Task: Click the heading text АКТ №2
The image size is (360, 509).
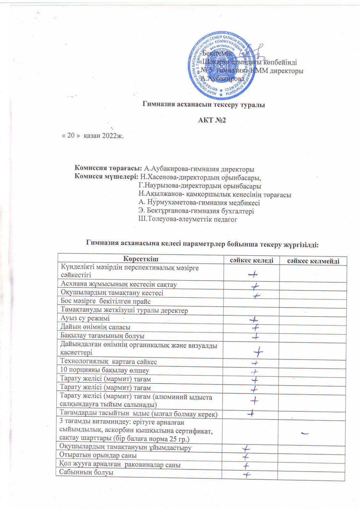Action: tap(212, 121)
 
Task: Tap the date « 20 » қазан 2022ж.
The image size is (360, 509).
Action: tap(92, 136)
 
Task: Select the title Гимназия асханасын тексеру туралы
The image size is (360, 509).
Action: tap(203, 104)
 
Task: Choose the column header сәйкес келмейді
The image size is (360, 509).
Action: tap(313, 261)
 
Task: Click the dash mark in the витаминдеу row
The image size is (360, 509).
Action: tap(306, 433)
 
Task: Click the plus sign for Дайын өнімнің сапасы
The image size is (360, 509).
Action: tap(256, 327)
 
